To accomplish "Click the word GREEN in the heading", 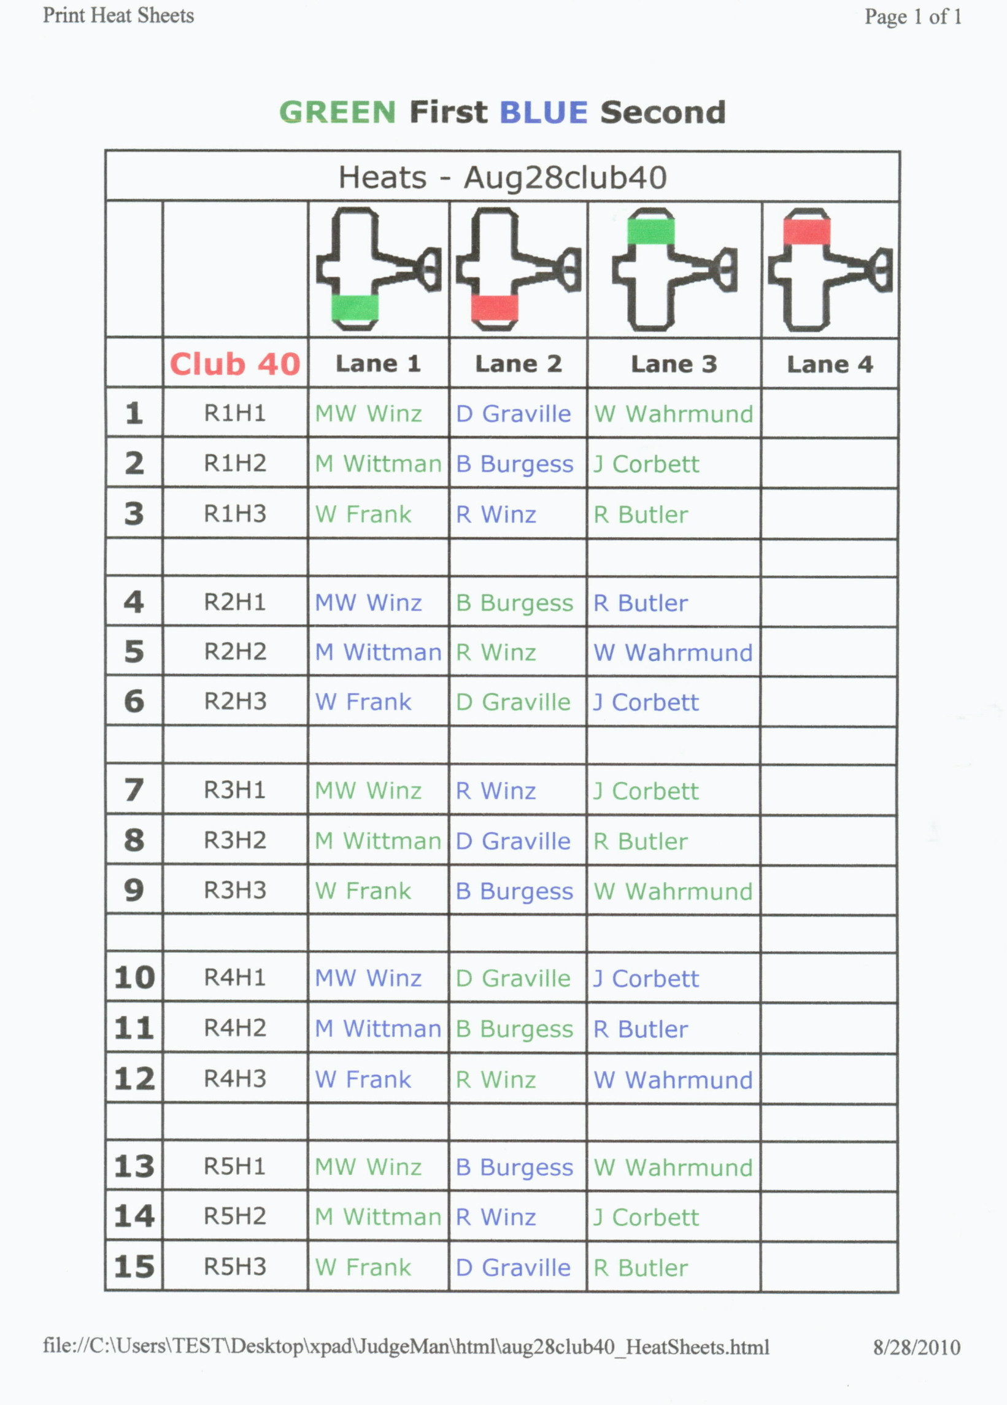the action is coord(338,112).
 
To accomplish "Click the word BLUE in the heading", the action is coord(543,112).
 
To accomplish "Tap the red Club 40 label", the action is coord(236,363).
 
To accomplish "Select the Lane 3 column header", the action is coord(674,364).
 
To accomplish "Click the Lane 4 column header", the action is coord(830,364).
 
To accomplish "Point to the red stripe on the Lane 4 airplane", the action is coord(807,231).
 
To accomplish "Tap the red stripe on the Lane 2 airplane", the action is coord(494,308).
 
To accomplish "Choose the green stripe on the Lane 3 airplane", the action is coord(651,231).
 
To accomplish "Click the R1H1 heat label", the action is coord(236,413).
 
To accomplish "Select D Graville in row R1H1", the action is coord(514,414).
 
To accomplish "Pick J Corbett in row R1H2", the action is coord(646,464).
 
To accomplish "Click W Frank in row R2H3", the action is coord(363,702).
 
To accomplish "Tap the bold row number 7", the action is coord(134,790).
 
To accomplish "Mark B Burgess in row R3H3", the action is coord(515,891).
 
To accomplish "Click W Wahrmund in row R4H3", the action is coord(673,1080).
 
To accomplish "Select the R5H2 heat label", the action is coord(236,1216).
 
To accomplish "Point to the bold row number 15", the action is coord(134,1266).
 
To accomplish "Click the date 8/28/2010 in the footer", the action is coord(917,1347).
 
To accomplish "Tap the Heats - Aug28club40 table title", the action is coord(502,178).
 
